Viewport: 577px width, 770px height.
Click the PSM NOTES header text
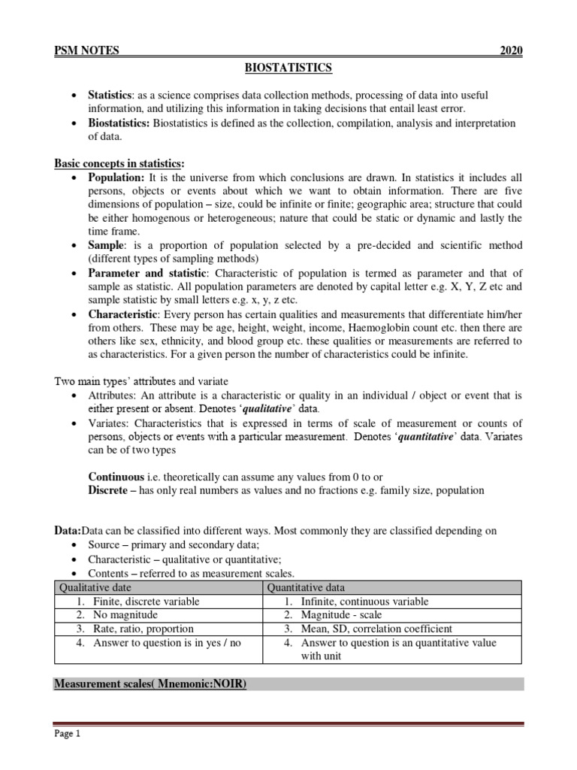[86, 50]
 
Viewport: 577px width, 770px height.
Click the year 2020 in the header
[511, 50]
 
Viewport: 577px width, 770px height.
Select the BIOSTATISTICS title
[288, 68]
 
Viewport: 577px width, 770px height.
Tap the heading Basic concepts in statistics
[119, 164]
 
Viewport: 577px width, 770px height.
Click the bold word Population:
[116, 177]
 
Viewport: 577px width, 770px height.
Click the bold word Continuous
[116, 477]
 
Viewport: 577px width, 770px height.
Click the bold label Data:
[67, 530]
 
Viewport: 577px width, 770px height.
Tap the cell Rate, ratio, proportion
[143, 629]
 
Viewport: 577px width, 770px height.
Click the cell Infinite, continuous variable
[364, 602]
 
